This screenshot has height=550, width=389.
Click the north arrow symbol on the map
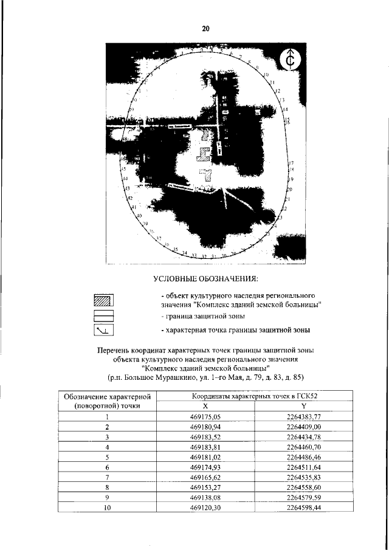tap(291, 60)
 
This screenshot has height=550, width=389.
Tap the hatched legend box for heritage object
tap(104, 300)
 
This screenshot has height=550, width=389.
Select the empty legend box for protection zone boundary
tap(104, 315)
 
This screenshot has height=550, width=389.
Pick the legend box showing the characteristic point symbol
tap(104, 330)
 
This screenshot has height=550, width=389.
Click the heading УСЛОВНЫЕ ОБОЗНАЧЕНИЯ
tap(205, 279)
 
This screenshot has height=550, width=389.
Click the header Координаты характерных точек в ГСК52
tap(254, 395)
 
